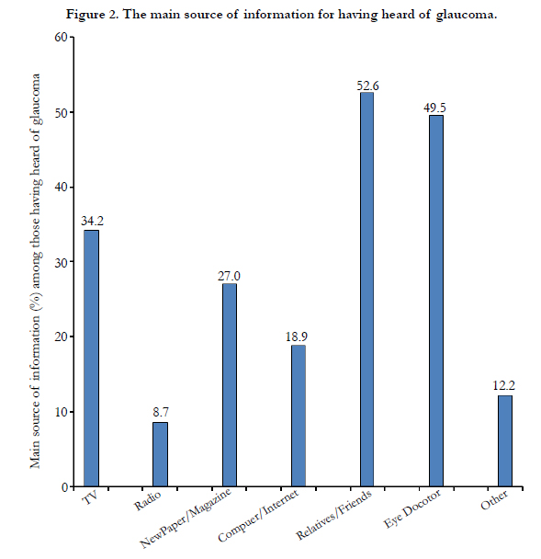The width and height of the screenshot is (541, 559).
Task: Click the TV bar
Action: coord(91,358)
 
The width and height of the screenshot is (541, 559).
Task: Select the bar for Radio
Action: coord(160,454)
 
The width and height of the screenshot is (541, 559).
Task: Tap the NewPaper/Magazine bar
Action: coord(230,384)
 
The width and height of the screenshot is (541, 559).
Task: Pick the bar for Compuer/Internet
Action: coord(299,416)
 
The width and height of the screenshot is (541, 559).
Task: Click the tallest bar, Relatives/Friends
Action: coord(367,289)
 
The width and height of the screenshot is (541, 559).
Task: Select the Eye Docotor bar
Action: coord(436,301)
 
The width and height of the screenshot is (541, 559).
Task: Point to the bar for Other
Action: coord(505,440)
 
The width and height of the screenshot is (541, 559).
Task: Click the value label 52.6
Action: coord(367,86)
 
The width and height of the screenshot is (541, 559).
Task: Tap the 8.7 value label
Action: coord(161,412)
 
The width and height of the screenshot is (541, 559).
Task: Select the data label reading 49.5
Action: coord(434,108)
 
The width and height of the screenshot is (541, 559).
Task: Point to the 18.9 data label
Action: coord(297,337)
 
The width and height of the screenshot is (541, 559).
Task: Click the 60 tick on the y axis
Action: coord(62,37)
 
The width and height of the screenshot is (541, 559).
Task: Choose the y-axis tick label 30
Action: coord(62,262)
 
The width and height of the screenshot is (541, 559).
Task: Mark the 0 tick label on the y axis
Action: coord(65,487)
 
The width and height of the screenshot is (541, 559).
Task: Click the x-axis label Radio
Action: coord(147,500)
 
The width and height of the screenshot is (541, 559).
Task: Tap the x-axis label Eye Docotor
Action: coord(412,508)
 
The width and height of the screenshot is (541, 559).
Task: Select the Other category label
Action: coord(494,499)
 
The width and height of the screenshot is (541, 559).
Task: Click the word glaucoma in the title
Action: coord(467,15)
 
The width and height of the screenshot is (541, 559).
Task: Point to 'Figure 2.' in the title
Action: coord(93,15)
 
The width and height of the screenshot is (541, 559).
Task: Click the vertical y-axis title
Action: coord(36,271)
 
